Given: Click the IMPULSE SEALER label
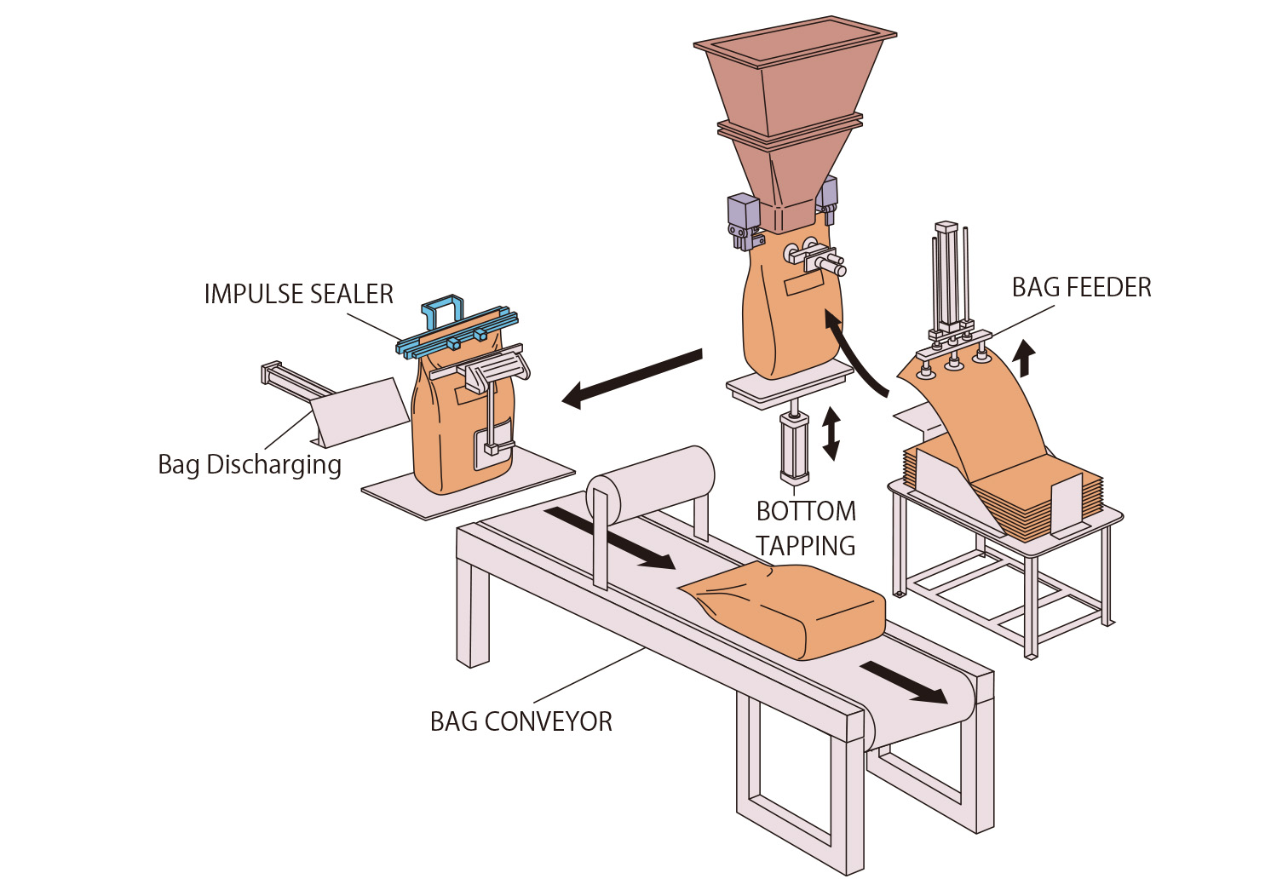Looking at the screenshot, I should pos(298,295).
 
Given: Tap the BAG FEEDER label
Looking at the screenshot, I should pos(1081,288).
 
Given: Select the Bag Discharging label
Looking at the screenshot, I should pos(250,465).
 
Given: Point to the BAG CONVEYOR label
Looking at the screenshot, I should pos(520,722).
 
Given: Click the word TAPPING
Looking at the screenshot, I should pos(805,546).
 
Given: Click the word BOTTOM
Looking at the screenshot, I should pos(806,511).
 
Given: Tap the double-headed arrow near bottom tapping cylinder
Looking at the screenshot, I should pos(831,434).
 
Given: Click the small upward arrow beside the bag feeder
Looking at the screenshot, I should pos(1027,358).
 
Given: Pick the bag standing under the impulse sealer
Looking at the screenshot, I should pos(460,426).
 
